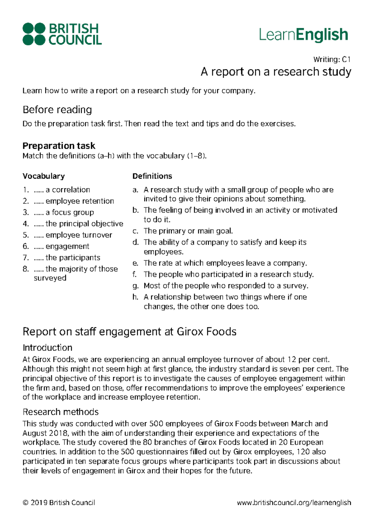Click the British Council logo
pyautogui.click(x=62, y=34)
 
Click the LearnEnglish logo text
pyautogui.click(x=303, y=35)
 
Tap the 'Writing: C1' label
pyautogui.click(x=332, y=59)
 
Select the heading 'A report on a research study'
pyautogui.click(x=276, y=72)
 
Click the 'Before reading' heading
pyautogui.click(x=57, y=110)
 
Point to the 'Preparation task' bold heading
pyautogui.click(x=59, y=146)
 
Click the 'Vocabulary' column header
pyautogui.click(x=43, y=176)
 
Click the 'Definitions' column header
pyautogui.click(x=152, y=176)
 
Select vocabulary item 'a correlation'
pyautogui.click(x=67, y=190)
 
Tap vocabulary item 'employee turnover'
pyautogui.click(x=79, y=235)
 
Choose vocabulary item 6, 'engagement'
pyautogui.click(x=67, y=246)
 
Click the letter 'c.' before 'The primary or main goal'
pyautogui.click(x=135, y=231)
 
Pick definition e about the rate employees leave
pyautogui.click(x=225, y=263)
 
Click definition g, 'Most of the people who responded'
pyautogui.click(x=226, y=286)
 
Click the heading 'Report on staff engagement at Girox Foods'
pyautogui.click(x=129, y=332)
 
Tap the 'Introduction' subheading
pyautogui.click(x=47, y=348)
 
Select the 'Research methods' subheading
pyautogui.click(x=60, y=412)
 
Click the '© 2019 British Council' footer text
pyautogui.click(x=59, y=503)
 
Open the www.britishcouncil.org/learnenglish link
pyautogui.click(x=294, y=503)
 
